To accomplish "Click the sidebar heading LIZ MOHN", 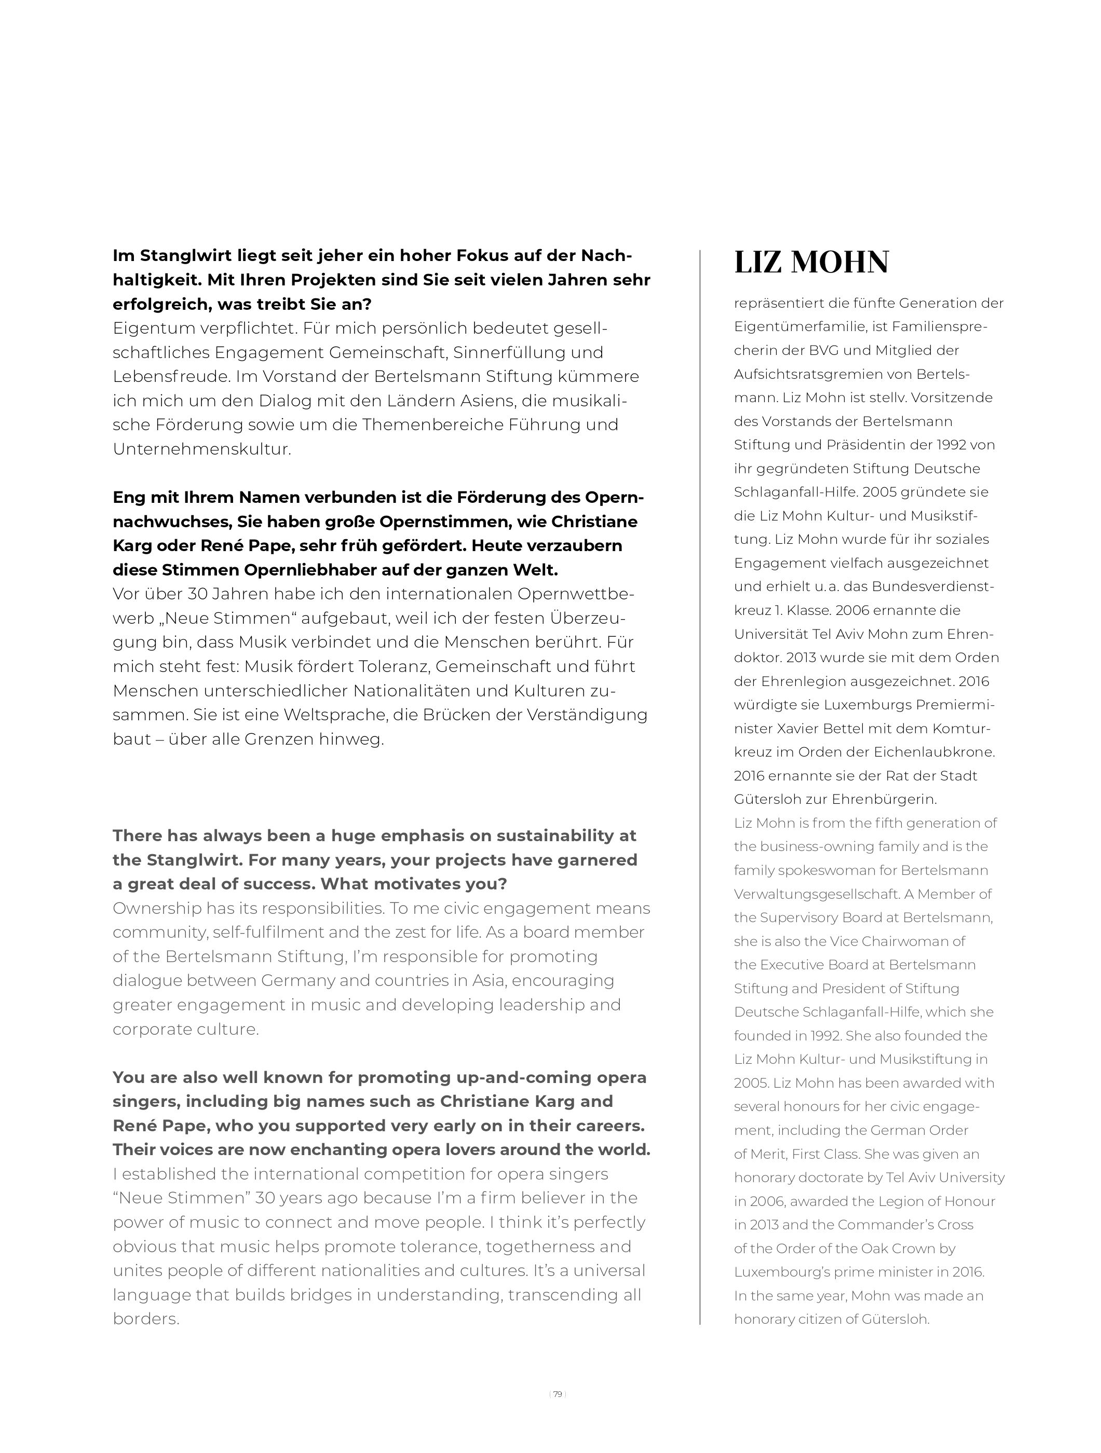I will click(x=811, y=262).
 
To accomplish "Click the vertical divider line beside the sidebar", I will click(x=700, y=788).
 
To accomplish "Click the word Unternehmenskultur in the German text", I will click(x=200, y=449).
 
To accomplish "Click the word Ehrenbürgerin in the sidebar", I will click(x=883, y=800).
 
